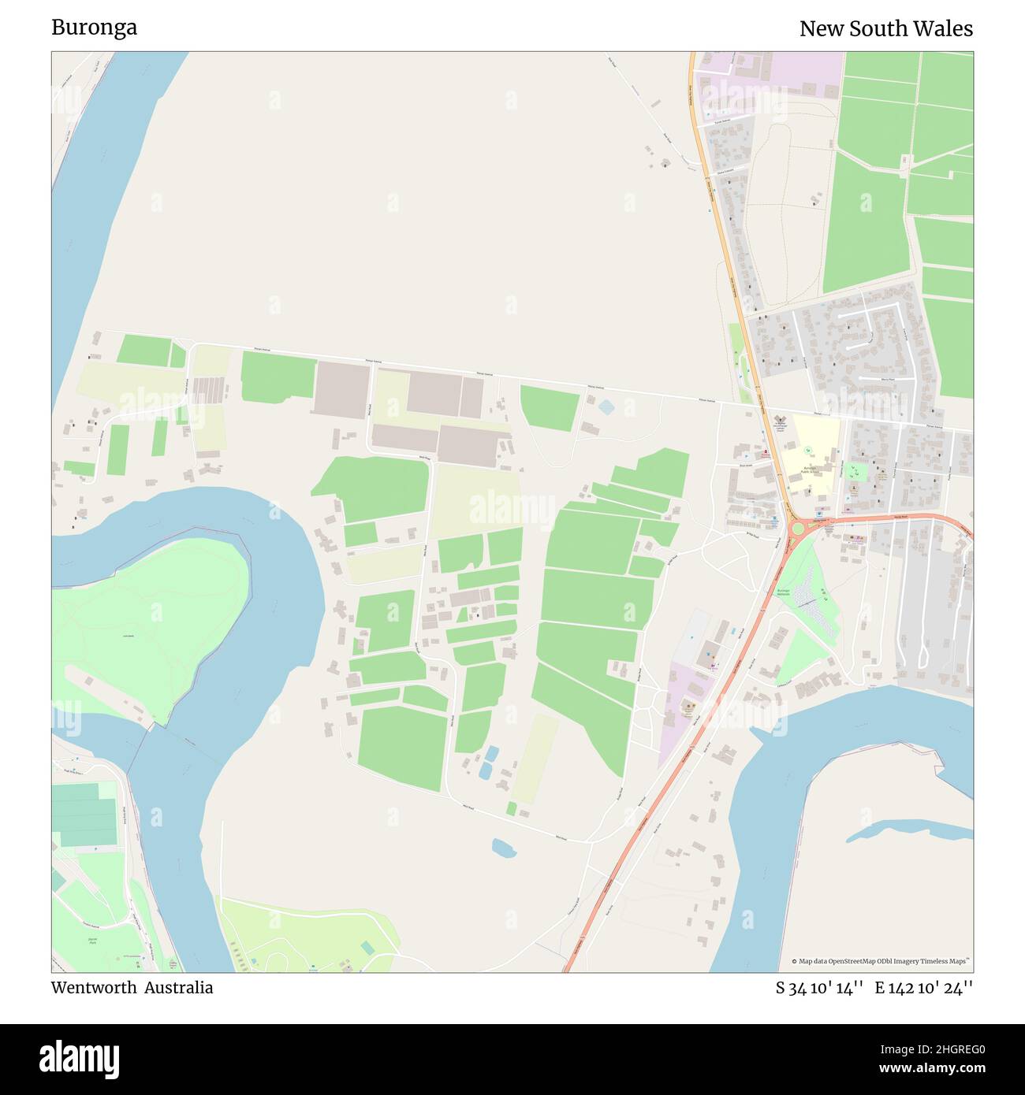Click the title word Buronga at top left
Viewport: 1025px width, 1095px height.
(x=94, y=28)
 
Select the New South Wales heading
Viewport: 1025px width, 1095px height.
(x=885, y=29)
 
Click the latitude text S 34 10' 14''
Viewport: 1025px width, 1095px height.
(x=820, y=988)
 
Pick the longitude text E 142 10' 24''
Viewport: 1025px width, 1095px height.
(x=923, y=988)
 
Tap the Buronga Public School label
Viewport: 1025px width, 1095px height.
(x=815, y=468)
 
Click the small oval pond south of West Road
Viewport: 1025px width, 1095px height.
(x=502, y=848)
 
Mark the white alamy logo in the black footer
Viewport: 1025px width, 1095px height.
(x=79, y=1058)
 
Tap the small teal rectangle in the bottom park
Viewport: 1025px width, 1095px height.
(x=367, y=946)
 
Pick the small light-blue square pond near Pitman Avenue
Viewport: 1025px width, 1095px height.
(x=606, y=406)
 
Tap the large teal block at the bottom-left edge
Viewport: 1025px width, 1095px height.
(x=84, y=815)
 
